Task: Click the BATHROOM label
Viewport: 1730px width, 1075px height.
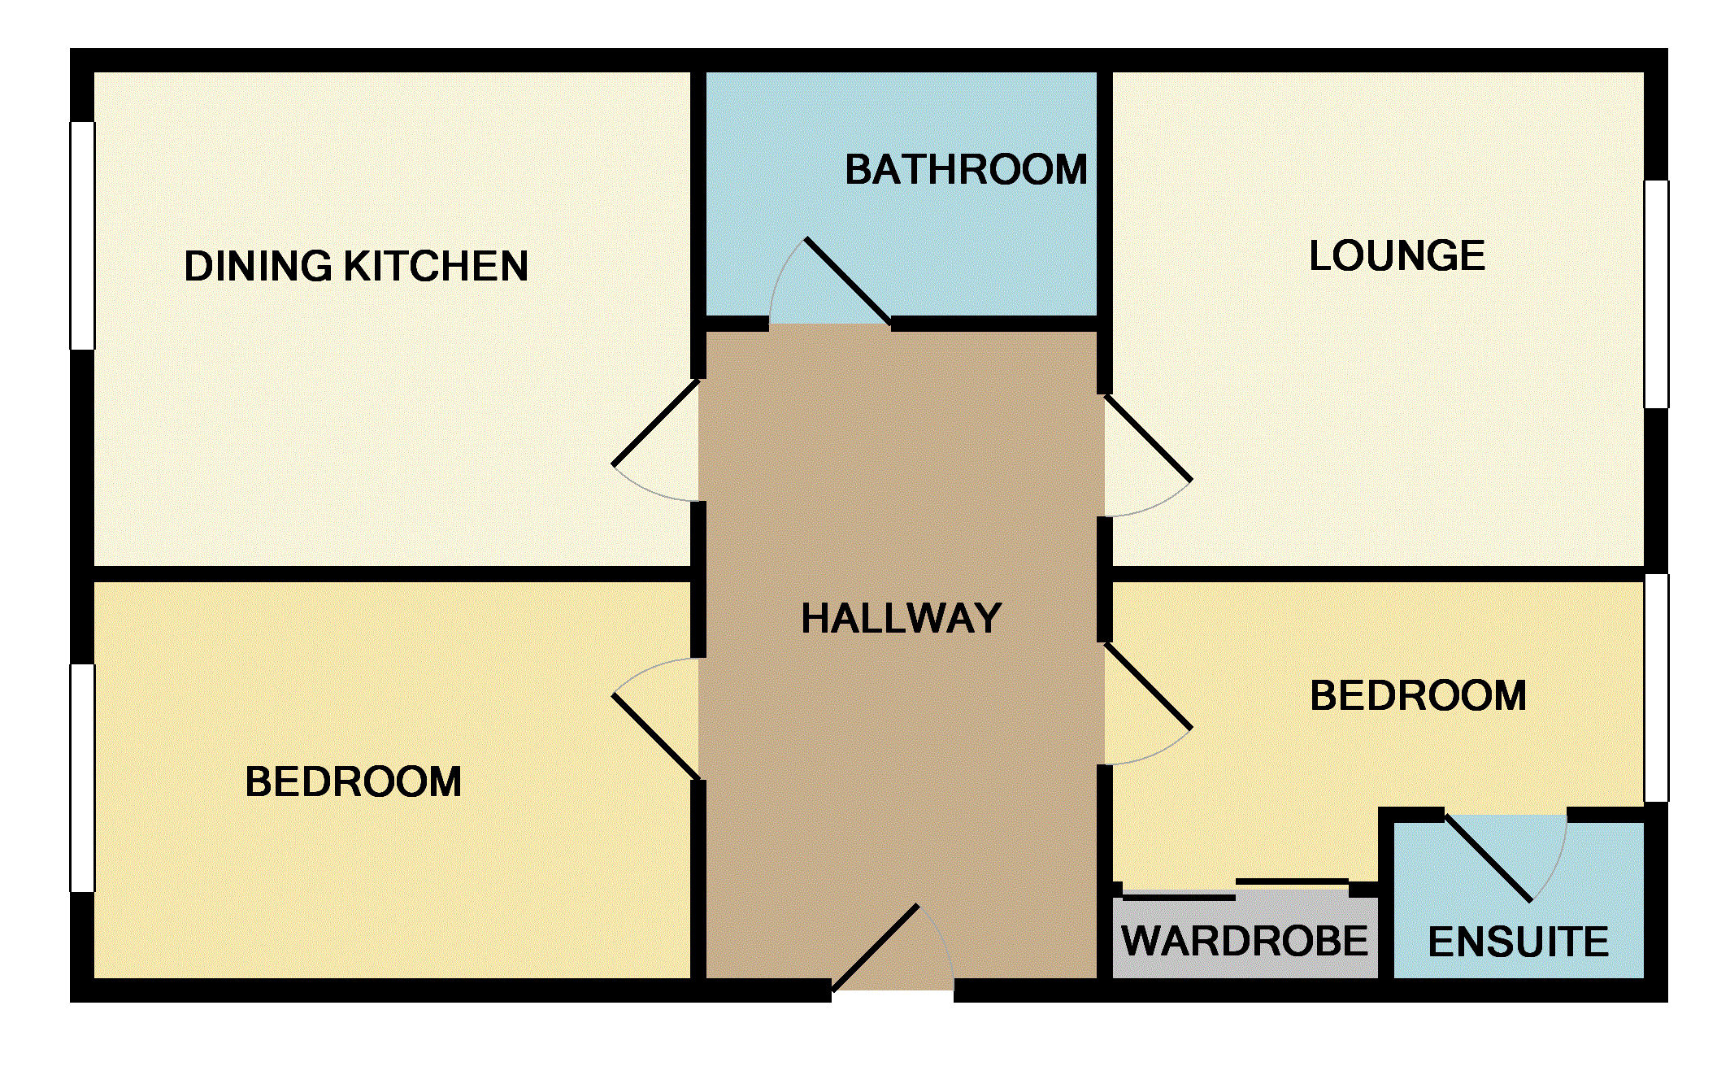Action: [966, 170]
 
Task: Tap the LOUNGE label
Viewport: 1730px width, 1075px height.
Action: [1397, 255]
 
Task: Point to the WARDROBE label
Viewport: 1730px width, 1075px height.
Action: [1245, 941]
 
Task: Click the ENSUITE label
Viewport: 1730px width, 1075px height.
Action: [1518, 942]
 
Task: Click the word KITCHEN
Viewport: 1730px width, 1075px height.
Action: [436, 266]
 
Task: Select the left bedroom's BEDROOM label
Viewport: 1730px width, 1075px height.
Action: [353, 782]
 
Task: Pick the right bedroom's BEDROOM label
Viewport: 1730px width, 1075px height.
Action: [1418, 696]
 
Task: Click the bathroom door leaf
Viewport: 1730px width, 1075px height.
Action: [848, 281]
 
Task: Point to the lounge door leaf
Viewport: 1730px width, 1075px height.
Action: [1147, 438]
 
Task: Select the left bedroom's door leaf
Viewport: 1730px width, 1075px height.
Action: [656, 737]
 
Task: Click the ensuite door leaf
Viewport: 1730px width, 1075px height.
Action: [1489, 858]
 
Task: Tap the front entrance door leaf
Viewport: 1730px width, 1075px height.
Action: [876, 948]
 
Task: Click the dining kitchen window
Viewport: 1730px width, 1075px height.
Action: [83, 236]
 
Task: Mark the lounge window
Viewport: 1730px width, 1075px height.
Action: [1656, 294]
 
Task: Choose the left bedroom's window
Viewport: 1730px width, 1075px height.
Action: [83, 778]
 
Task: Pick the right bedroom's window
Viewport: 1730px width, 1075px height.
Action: [1656, 688]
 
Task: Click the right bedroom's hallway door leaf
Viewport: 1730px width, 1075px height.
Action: [1147, 685]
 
